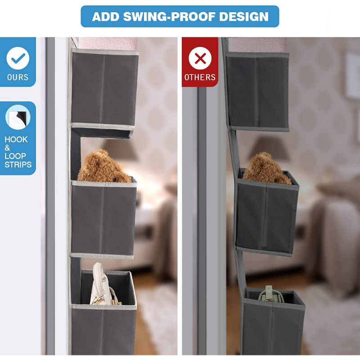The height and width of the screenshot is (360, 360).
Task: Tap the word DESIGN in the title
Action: [x=244, y=17]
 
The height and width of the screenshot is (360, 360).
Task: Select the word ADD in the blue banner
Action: [x=106, y=17]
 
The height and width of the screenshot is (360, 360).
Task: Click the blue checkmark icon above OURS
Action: [x=18, y=58]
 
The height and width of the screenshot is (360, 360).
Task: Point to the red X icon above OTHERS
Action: [x=200, y=58]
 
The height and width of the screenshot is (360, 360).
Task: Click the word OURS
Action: [x=18, y=77]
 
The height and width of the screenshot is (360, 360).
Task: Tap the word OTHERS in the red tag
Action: [x=200, y=77]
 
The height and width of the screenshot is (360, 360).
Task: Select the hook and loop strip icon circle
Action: [x=18, y=117]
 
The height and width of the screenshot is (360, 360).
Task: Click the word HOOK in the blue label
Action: [x=16, y=139]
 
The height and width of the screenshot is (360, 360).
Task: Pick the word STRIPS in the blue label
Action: [x=18, y=165]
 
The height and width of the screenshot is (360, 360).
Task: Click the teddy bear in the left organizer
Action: [x=104, y=166]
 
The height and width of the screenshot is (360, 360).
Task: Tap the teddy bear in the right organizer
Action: [x=267, y=168]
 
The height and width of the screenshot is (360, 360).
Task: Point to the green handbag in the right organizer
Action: [x=270, y=294]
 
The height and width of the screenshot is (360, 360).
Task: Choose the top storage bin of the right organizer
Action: [x=257, y=91]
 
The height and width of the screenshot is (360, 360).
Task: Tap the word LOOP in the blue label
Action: [x=15, y=156]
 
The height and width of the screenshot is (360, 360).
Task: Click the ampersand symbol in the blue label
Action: [x=7, y=148]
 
